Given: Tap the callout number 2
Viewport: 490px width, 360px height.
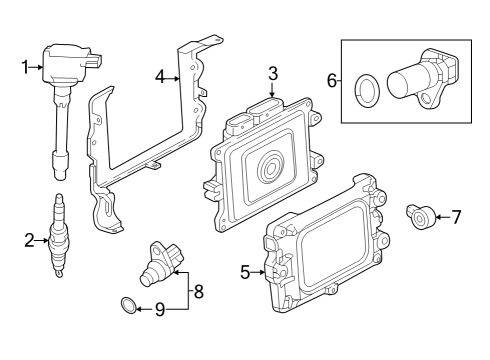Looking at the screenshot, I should pyautogui.click(x=29, y=239).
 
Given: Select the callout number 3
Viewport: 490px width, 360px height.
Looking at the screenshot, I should pyautogui.click(x=272, y=73).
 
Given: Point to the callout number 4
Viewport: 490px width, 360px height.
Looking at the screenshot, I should pyautogui.click(x=161, y=75).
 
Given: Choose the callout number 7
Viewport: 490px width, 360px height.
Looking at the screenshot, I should pyautogui.click(x=456, y=215).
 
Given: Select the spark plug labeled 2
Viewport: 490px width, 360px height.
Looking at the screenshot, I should pyautogui.click(x=59, y=235).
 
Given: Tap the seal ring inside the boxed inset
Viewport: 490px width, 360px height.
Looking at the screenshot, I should pyautogui.click(x=368, y=87).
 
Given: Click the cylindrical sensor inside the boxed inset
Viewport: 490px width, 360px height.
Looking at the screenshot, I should pyautogui.click(x=421, y=77).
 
